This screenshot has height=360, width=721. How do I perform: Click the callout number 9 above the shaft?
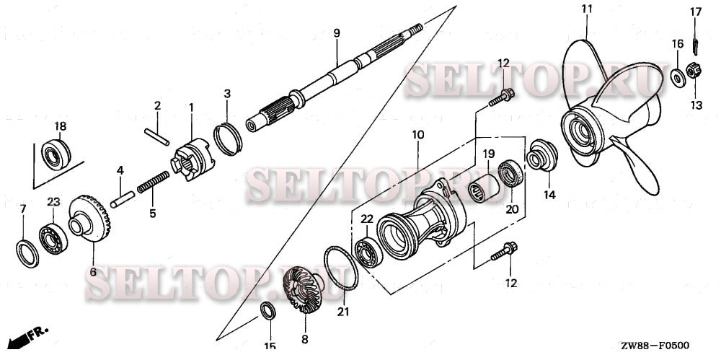tap(337, 33)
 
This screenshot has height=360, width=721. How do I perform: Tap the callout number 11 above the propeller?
tap(587, 9)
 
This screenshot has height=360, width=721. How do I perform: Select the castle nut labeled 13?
tap(694, 72)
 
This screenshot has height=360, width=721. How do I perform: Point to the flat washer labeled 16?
tap(678, 77)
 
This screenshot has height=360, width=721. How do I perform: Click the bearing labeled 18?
tap(55, 154)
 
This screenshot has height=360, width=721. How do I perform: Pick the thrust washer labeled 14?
tap(541, 158)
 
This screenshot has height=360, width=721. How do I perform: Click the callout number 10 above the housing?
tap(418, 135)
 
